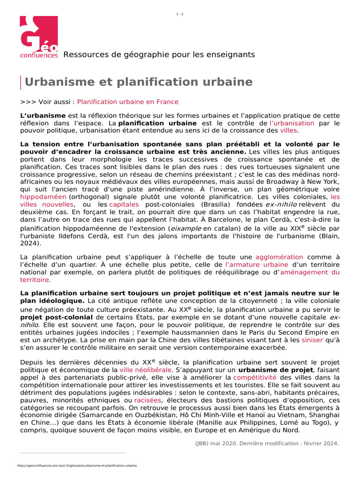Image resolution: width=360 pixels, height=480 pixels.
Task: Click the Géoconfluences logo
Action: click(x=39, y=37)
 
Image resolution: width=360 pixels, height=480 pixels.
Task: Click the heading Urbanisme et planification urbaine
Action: click(x=139, y=82)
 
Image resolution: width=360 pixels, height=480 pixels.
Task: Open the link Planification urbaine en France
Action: click(x=127, y=102)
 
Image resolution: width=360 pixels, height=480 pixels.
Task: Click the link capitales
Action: click(x=124, y=204)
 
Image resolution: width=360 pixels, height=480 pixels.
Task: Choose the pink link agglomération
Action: click(x=279, y=257)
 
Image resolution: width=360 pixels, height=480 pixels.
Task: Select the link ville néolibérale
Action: click(x=145, y=369)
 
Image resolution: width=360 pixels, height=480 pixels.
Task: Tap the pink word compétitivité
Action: click(x=255, y=377)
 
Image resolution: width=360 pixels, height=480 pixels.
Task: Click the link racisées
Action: click(x=148, y=400)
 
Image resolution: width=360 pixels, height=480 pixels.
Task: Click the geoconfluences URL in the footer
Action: click(x=77, y=466)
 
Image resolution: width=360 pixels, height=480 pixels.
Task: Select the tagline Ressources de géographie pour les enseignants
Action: click(x=159, y=54)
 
